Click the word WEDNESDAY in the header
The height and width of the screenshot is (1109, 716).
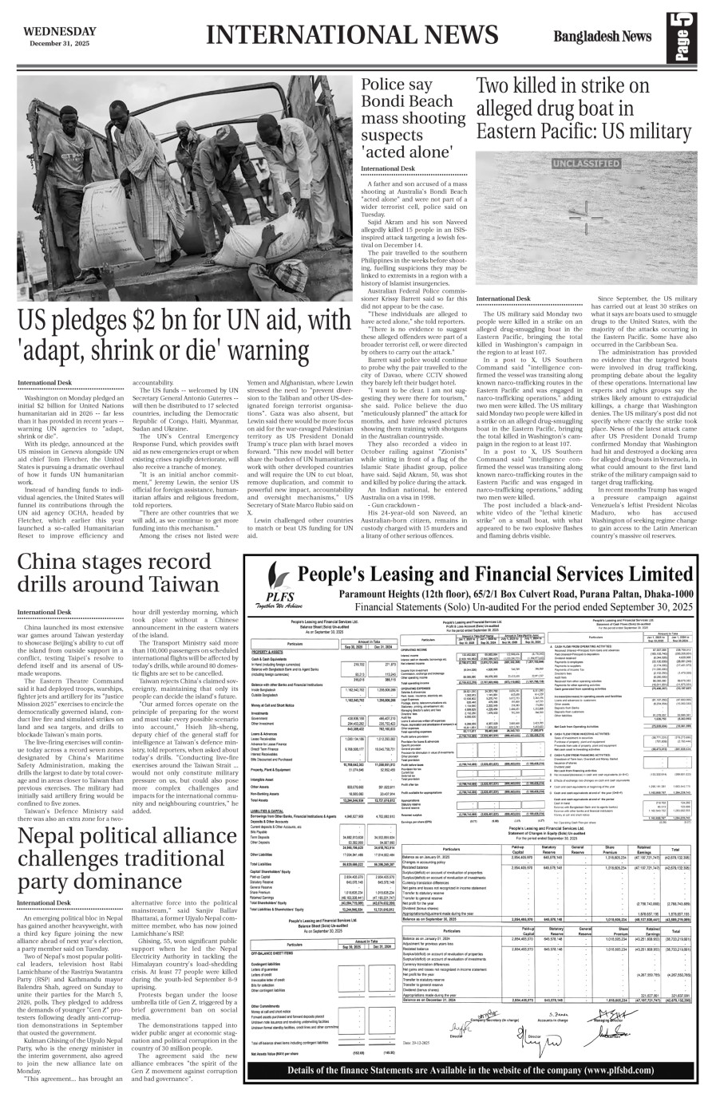point(60,31)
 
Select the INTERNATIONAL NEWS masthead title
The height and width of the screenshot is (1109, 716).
point(352,37)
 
